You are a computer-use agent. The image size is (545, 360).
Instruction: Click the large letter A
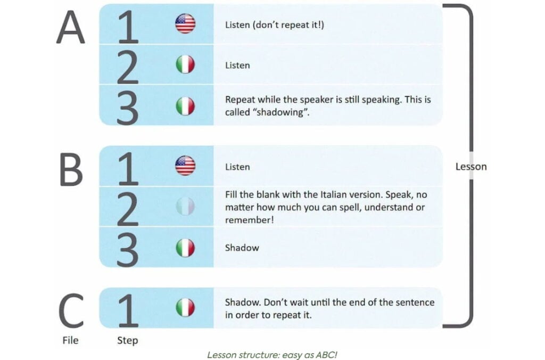click(x=71, y=27)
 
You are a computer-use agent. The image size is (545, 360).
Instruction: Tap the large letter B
click(x=71, y=170)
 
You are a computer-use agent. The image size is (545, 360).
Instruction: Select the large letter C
click(x=71, y=310)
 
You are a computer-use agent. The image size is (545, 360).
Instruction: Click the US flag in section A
click(x=185, y=23)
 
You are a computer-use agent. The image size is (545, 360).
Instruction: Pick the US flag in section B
click(x=185, y=166)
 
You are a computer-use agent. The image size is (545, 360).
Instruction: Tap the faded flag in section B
click(x=185, y=206)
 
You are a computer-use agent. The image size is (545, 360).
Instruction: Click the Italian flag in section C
click(x=185, y=308)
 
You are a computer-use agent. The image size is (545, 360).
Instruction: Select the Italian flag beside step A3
click(x=185, y=106)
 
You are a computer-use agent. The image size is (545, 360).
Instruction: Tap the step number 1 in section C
click(x=128, y=310)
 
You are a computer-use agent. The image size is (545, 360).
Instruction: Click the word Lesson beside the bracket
click(x=471, y=167)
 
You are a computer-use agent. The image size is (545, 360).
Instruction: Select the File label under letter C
click(x=70, y=340)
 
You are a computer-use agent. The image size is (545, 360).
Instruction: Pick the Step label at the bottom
click(x=128, y=340)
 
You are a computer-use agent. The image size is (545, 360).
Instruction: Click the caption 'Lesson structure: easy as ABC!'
click(x=272, y=355)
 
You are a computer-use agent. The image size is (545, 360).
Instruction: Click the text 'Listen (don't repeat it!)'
click(x=275, y=25)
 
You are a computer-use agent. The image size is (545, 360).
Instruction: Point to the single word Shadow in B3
click(x=242, y=248)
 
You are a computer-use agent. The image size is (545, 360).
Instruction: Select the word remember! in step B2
click(x=250, y=220)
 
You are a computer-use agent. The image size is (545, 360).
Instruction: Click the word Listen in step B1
click(x=237, y=167)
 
